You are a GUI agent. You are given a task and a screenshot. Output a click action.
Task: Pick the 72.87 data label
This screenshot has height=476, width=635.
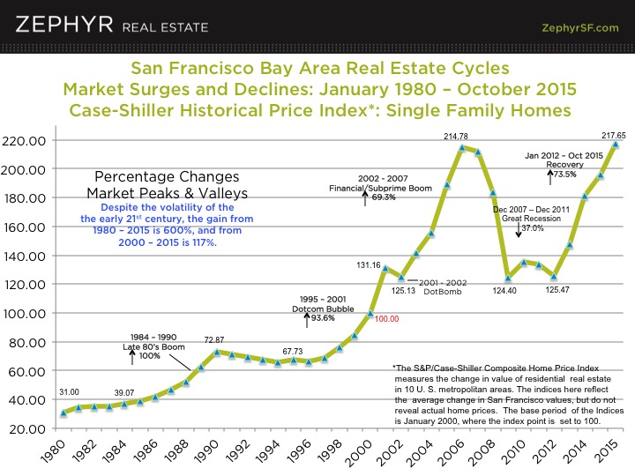tap(217, 339)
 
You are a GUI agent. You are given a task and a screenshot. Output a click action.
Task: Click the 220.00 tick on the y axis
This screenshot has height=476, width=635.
tap(29, 140)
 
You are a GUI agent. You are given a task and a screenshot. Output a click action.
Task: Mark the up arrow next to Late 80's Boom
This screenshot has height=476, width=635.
tap(132, 357)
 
